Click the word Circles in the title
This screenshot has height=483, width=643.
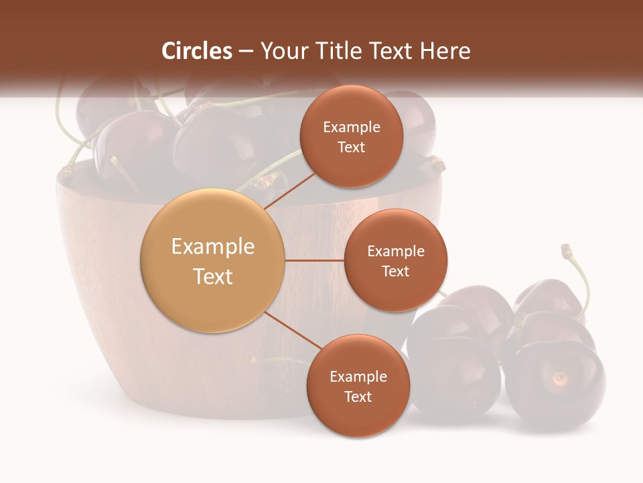click(197, 51)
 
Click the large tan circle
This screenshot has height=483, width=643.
click(213, 260)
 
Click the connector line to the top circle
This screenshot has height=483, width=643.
click(289, 190)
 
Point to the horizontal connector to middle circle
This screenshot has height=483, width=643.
click(315, 260)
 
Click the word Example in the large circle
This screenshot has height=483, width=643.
click(213, 247)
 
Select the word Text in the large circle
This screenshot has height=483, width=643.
click(213, 276)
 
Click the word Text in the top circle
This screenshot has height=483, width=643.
click(351, 148)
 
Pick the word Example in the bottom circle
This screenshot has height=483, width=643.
click(358, 376)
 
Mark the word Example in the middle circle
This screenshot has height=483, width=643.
click(395, 252)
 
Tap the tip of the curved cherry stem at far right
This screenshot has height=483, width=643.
click(567, 249)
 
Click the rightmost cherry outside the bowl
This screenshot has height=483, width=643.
click(556, 382)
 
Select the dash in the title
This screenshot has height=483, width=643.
click(246, 51)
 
